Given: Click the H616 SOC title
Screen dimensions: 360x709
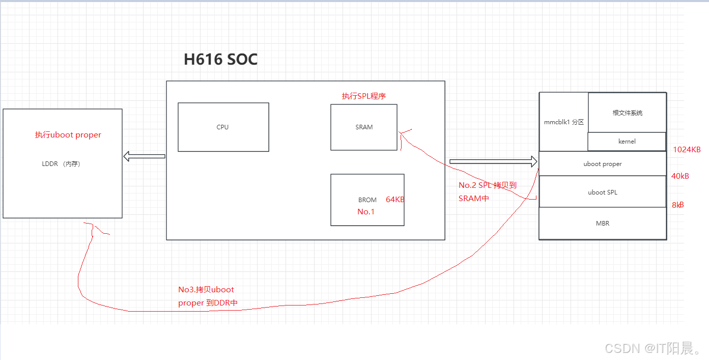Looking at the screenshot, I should pos(220,60).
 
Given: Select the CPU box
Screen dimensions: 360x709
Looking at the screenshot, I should pos(223,127).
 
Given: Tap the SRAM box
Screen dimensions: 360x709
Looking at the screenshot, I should pos(364,127).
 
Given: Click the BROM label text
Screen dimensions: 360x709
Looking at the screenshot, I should pos(367,200).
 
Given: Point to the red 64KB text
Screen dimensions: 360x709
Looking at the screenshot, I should pos(395,200).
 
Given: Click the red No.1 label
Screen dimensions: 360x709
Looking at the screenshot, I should pos(366,212).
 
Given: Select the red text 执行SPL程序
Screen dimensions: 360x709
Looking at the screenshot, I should pos(363,96).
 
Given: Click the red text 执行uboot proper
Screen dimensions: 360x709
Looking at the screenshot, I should pos(68,135).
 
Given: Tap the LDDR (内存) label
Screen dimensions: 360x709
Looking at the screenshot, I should pos(61,164).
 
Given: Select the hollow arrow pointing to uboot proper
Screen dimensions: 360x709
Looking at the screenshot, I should pos(493,161).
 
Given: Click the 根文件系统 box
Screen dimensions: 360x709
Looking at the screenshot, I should pos(627,113).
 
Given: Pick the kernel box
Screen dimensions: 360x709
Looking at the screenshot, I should pos(627,142).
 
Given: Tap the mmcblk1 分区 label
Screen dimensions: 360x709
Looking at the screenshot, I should pos(563,122).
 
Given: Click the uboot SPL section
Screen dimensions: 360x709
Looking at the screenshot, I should pos(602,192).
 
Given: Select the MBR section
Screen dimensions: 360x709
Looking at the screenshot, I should pos(602,223).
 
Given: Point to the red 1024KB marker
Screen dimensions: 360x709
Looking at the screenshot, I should pos(687,150).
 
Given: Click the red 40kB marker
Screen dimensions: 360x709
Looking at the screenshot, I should pos(680,176).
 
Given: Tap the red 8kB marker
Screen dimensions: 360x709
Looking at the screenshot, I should pos(677,205).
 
